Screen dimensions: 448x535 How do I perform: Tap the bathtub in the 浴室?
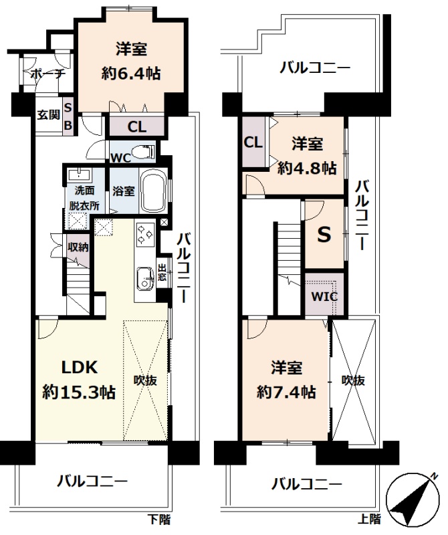pyautogui.click(x=153, y=191)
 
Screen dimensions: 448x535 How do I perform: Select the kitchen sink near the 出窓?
pyautogui.click(x=145, y=278)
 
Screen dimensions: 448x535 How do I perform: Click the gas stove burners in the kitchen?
pyautogui.click(x=145, y=235)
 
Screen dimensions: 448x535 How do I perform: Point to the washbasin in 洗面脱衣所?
pyautogui.click(x=80, y=175)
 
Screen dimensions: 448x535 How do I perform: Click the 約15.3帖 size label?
pyautogui.click(x=79, y=393)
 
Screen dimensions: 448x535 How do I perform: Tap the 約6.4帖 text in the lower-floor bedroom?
pyautogui.click(x=131, y=74)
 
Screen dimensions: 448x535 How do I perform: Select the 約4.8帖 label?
pyautogui.click(x=307, y=168)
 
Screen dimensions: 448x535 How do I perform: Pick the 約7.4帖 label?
pyautogui.click(x=286, y=393)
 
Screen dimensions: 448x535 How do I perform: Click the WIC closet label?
pyautogui.click(x=324, y=296)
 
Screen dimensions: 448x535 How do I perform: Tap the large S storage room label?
pyautogui.click(x=324, y=235)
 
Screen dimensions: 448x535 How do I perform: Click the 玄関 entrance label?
pyautogui.click(x=49, y=114)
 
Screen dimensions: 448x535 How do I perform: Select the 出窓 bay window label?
pyautogui.click(x=162, y=272)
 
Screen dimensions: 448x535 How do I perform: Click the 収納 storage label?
pyautogui.click(x=78, y=246)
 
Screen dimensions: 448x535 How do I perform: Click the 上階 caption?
pyautogui.click(x=369, y=519)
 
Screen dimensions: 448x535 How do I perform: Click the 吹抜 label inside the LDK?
pyautogui.click(x=145, y=380)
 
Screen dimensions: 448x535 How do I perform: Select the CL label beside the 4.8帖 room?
pyautogui.click(x=253, y=142)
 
